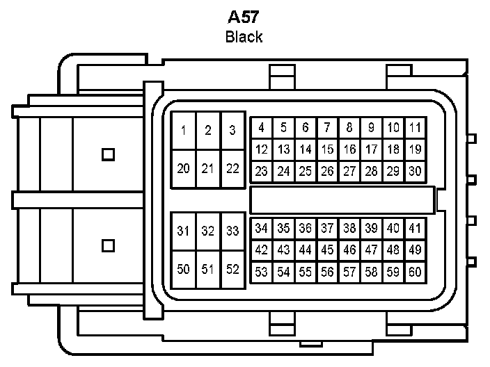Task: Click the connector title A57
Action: click(244, 17)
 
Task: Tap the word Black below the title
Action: click(244, 37)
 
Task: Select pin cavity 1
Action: click(183, 131)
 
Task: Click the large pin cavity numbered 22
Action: click(232, 168)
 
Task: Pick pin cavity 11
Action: click(415, 128)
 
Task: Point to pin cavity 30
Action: click(415, 171)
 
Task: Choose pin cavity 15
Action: click(327, 149)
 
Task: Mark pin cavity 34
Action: click(261, 228)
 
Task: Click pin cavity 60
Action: click(415, 272)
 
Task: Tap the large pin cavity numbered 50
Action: click(183, 269)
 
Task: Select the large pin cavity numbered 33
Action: click(232, 231)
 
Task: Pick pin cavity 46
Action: click(349, 250)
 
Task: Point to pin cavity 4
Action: click(261, 128)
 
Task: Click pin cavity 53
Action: click(261, 272)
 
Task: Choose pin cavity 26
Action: click(327, 171)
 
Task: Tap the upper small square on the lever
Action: click(108, 154)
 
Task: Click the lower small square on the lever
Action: click(108, 245)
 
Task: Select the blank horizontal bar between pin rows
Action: click(341, 199)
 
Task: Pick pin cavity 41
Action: click(415, 228)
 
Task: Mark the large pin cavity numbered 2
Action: click(207, 131)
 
